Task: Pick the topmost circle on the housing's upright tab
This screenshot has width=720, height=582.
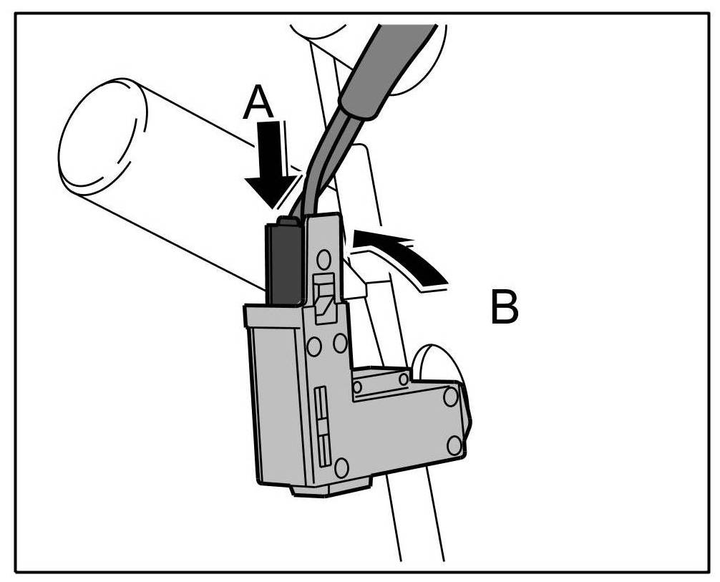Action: tap(323, 258)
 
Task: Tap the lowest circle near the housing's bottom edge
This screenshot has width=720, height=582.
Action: tap(341, 467)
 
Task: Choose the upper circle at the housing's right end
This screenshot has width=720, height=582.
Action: tap(449, 396)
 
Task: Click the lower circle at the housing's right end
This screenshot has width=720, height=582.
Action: tap(454, 445)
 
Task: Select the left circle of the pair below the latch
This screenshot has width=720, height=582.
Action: tap(313, 346)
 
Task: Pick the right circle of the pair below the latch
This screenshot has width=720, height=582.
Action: tap(340, 344)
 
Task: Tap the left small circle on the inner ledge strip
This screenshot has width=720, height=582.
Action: tap(357, 387)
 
